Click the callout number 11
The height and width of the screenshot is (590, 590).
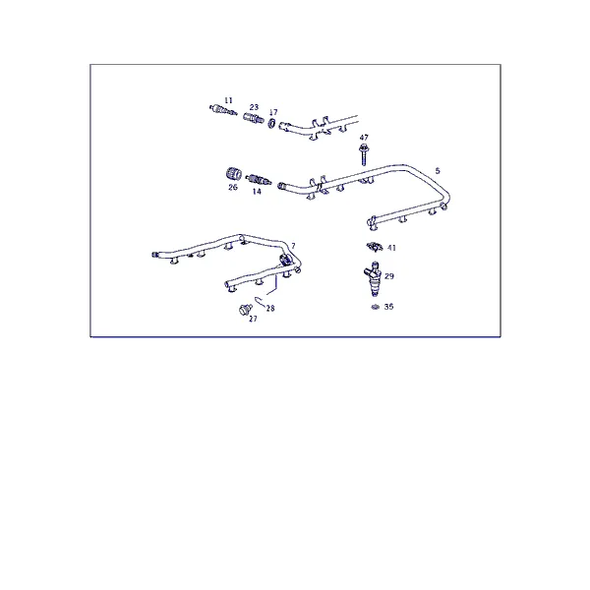click(x=228, y=100)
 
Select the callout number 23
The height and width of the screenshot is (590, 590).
click(x=254, y=107)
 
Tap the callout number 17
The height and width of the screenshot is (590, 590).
click(x=273, y=112)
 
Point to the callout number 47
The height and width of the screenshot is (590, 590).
click(x=364, y=138)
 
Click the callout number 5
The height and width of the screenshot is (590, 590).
click(x=438, y=171)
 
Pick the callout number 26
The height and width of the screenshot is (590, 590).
click(x=233, y=187)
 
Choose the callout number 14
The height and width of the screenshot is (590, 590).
click(x=257, y=192)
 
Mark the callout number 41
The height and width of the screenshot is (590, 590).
click(x=391, y=248)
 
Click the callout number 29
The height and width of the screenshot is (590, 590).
click(x=389, y=276)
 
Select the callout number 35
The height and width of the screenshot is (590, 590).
click(x=388, y=307)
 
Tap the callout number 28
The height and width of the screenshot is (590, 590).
click(x=270, y=308)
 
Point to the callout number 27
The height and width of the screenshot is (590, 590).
click(x=253, y=319)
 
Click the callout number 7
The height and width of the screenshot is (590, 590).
click(x=293, y=246)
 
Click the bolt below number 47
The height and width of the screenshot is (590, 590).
click(x=364, y=154)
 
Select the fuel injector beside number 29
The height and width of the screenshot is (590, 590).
click(x=373, y=279)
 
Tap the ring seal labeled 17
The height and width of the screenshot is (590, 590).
click(x=272, y=123)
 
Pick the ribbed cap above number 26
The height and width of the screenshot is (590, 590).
click(x=234, y=174)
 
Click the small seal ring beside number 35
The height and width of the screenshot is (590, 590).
click(x=375, y=307)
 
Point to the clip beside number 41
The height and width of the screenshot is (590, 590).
click(x=374, y=247)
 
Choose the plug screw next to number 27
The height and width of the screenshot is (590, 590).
click(x=245, y=310)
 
